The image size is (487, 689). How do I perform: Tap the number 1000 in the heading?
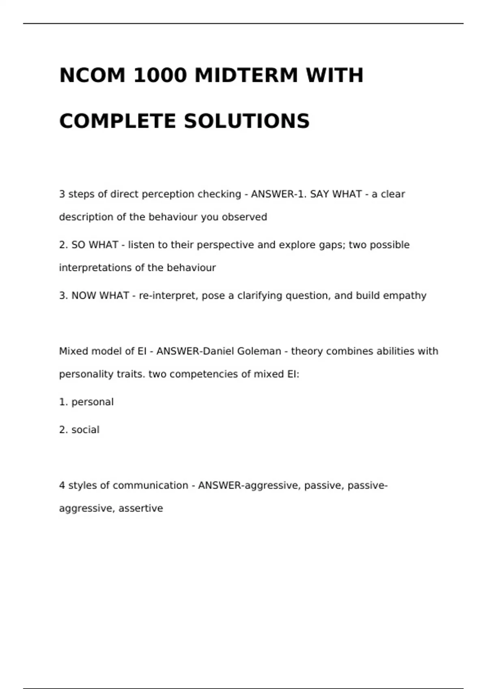click(160, 75)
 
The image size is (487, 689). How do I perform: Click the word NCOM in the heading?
click(93, 75)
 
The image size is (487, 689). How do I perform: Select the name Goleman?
click(259, 351)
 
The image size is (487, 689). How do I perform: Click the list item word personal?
click(93, 402)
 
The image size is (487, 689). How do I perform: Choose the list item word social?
click(85, 430)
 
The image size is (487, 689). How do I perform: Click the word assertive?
click(141, 509)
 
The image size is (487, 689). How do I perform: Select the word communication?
click(151, 486)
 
